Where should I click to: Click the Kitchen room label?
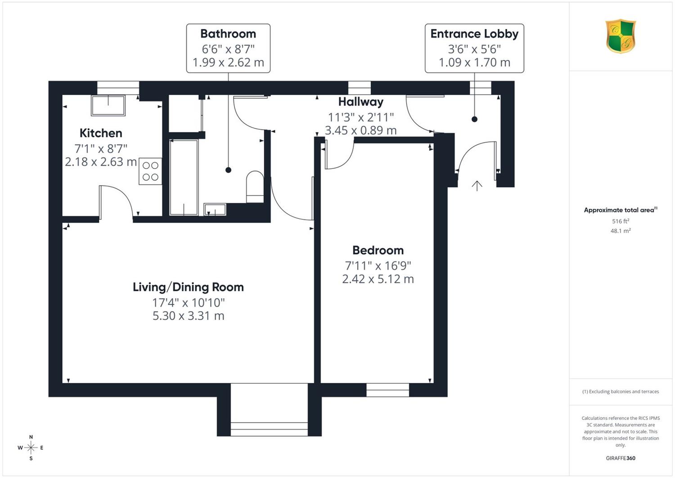(101, 133)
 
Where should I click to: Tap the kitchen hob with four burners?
(150, 171)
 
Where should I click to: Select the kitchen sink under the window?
(108, 105)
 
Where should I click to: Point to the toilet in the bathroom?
(255, 187)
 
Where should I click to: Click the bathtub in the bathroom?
(184, 178)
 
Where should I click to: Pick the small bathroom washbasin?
(215, 209)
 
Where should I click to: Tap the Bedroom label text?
(378, 250)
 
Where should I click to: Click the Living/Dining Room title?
(189, 287)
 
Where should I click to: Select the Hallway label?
(361, 102)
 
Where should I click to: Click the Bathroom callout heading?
(228, 34)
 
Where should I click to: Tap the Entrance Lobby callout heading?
(474, 34)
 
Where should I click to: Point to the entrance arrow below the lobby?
(477, 186)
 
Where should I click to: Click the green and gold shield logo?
(621, 36)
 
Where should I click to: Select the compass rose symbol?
(31, 447)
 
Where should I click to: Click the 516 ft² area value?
(621, 221)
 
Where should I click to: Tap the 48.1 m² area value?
(621, 231)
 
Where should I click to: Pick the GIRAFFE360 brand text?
(621, 458)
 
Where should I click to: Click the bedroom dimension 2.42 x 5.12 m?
(378, 279)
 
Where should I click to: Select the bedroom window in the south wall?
(387, 390)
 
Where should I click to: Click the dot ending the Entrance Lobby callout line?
(474, 119)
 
